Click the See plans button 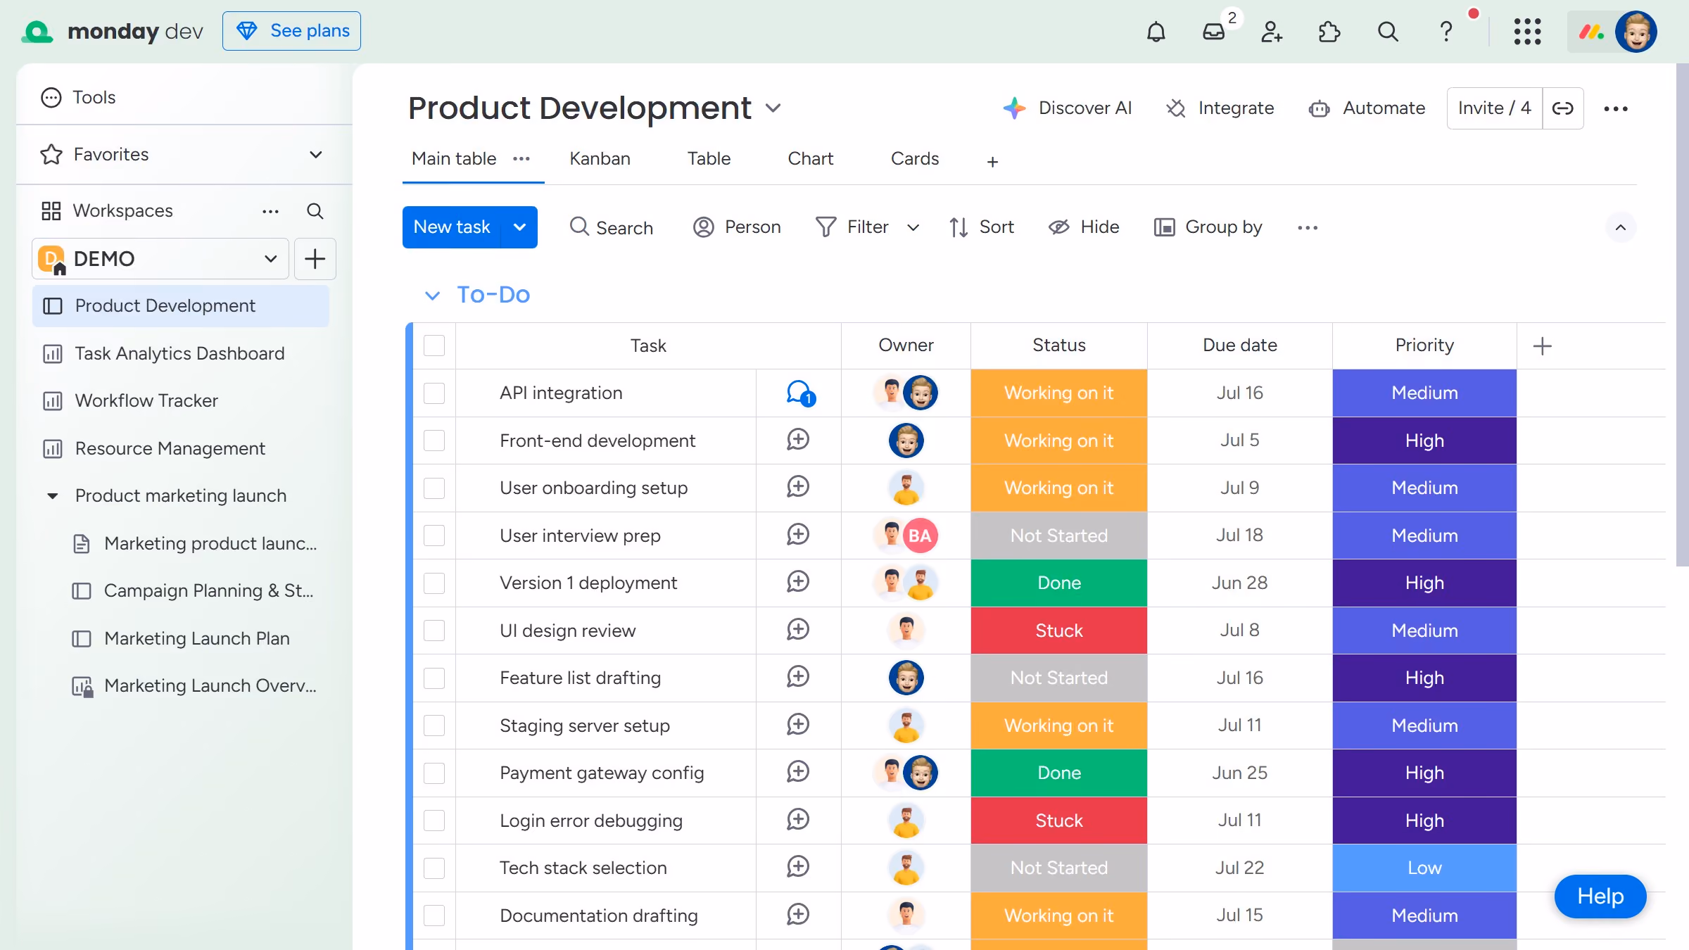pos(291,31)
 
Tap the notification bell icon pos(1156,32)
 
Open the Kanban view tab pos(600,158)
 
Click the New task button pos(452,227)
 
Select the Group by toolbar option pos(1208,227)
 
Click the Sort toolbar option pos(981,227)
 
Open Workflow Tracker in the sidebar pos(146,400)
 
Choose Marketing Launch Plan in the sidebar pos(196,638)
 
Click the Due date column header pos(1239,346)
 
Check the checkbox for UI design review pos(434,631)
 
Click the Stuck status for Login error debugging pos(1058,821)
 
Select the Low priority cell pos(1424,868)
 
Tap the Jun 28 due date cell pos(1239,583)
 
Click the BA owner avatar pos(920,536)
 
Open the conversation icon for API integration pos(799,393)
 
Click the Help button pos(1600,897)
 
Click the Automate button pos(1367,108)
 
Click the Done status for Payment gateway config pos(1058,773)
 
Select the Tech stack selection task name pos(583,868)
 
